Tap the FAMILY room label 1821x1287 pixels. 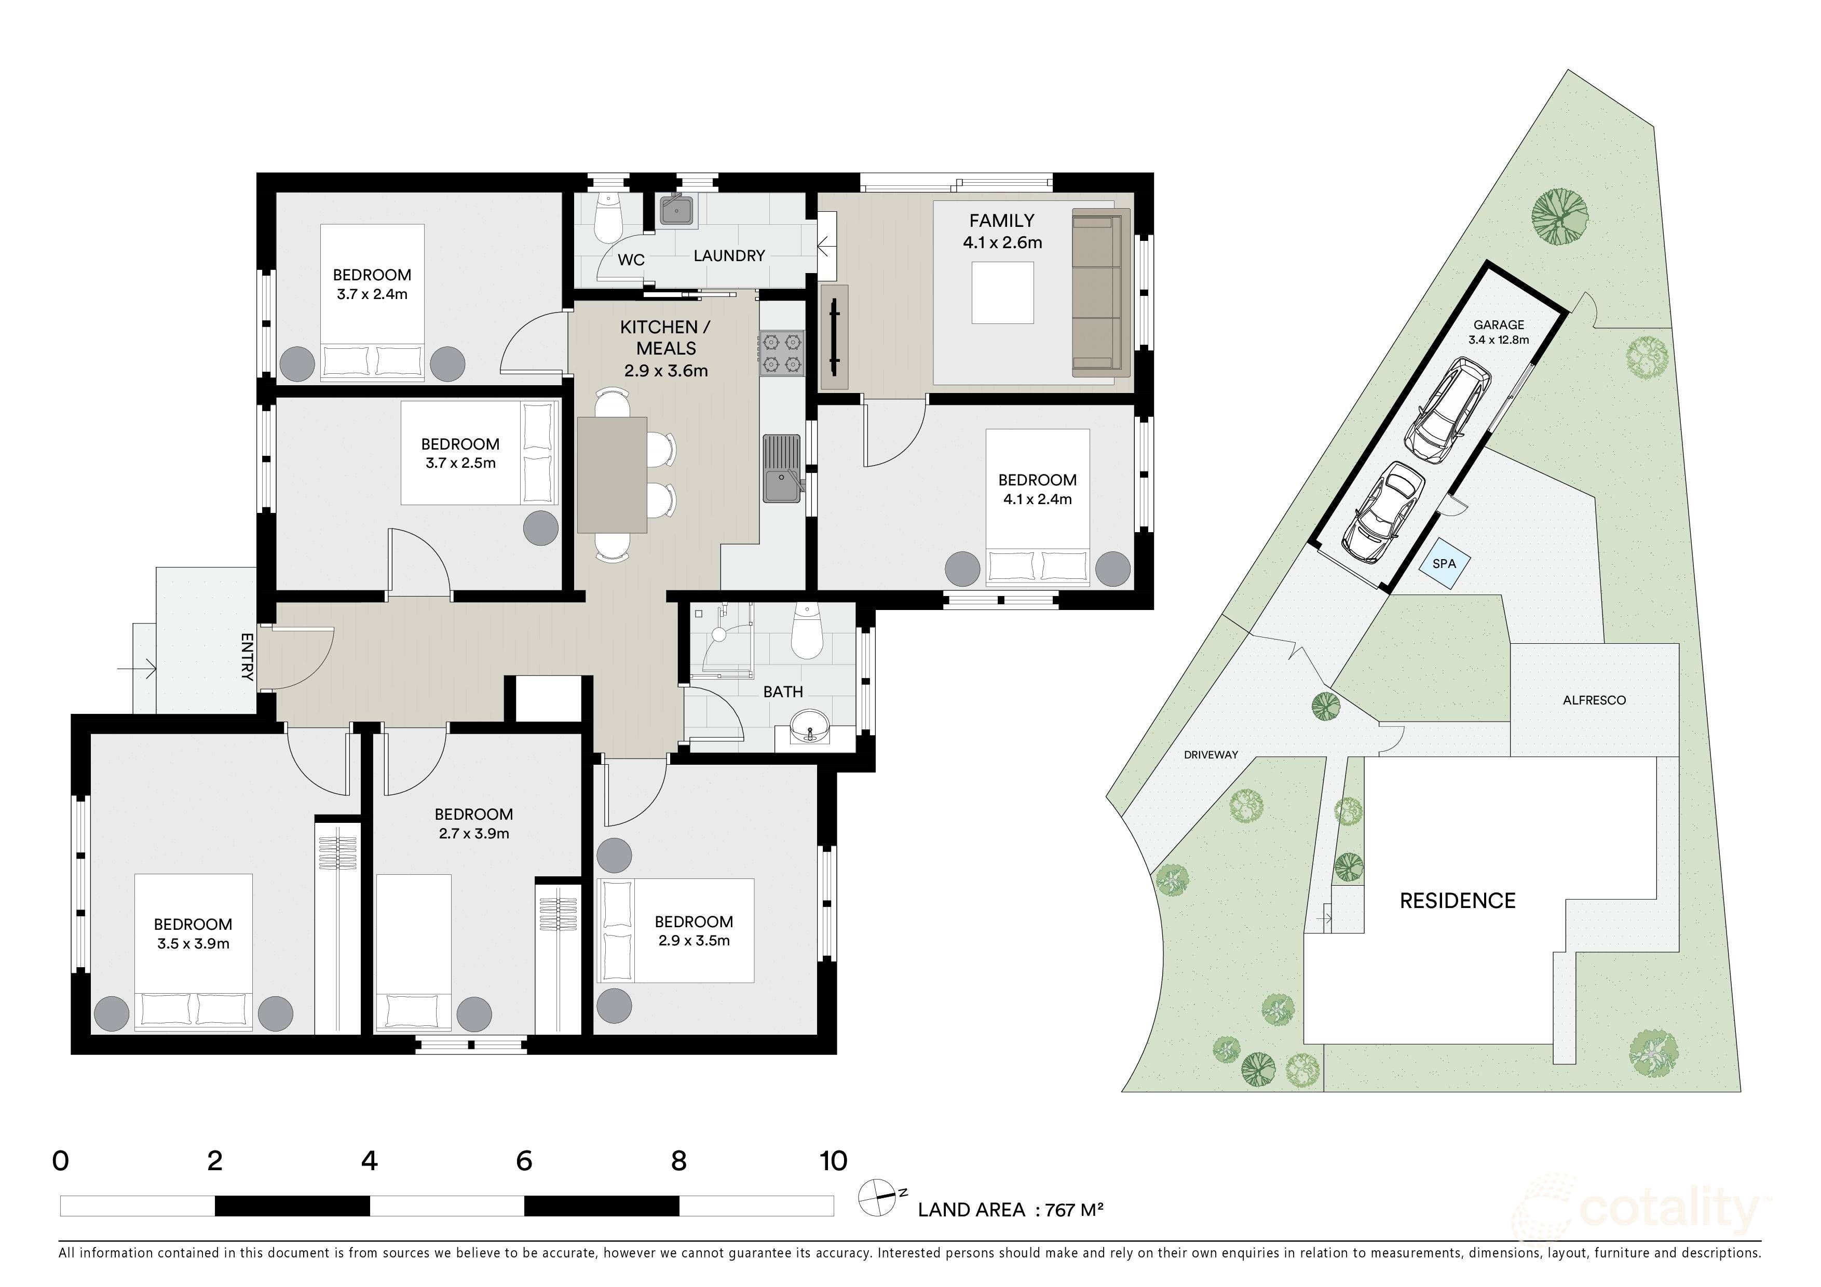1002,221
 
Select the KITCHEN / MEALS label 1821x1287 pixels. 665,338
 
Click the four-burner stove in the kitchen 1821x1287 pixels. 781,354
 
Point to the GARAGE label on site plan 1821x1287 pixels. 1498,324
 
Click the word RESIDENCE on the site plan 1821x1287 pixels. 1457,901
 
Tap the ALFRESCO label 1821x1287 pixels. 1594,700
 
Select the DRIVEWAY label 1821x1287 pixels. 1211,755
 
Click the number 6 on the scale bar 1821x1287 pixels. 523,1162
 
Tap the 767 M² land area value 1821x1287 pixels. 1075,1210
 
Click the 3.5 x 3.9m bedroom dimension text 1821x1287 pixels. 193,944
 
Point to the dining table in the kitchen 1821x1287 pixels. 611,474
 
